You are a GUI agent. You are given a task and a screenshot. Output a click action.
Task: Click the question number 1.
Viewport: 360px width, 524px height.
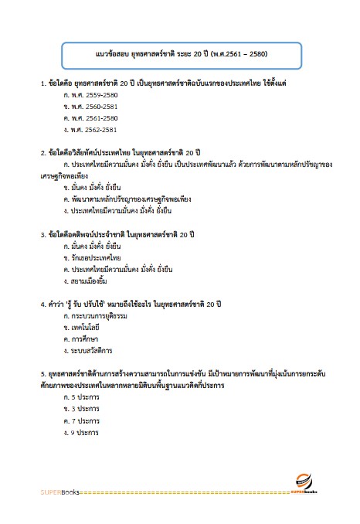tap(42, 82)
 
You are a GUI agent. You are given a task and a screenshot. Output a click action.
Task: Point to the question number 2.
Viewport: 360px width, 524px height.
tap(42, 151)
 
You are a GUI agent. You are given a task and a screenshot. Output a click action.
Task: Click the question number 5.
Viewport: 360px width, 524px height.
tap(42, 373)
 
